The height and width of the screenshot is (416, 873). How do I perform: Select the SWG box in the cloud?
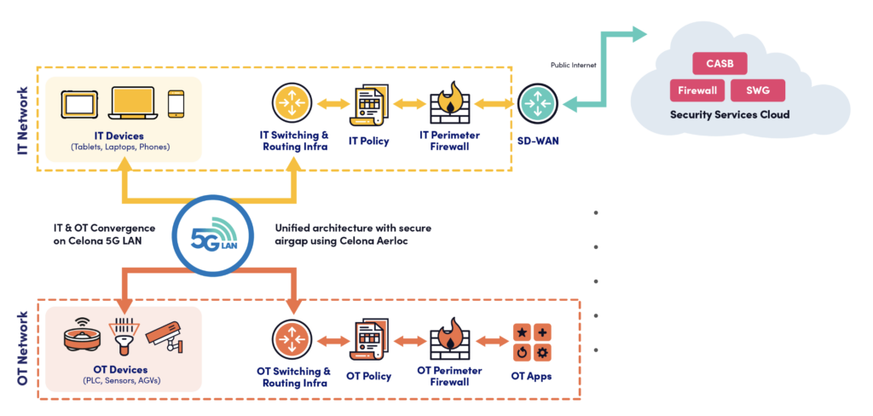(758, 90)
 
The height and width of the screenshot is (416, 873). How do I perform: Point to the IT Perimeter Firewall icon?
(448, 103)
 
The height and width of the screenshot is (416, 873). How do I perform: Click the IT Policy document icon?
(369, 104)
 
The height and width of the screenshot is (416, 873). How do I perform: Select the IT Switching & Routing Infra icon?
(293, 103)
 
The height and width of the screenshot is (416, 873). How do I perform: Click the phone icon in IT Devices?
(176, 104)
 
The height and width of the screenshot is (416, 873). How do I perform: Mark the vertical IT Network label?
(23, 119)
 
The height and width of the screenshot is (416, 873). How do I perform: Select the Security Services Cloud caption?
(729, 114)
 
